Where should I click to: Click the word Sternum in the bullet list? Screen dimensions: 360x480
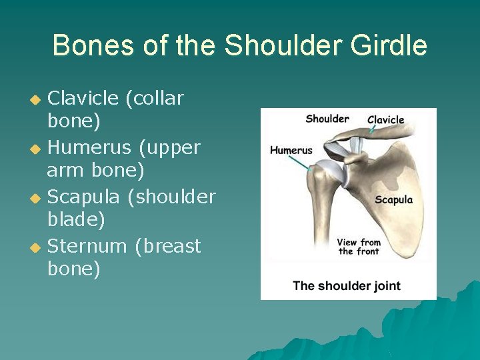(x=87, y=247)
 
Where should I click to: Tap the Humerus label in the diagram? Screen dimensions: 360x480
(x=291, y=150)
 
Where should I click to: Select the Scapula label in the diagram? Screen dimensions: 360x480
(x=393, y=200)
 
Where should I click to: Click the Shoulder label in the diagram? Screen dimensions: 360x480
(x=327, y=119)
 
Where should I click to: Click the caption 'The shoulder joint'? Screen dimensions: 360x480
(x=346, y=286)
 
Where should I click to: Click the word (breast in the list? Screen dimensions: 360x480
(x=167, y=247)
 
